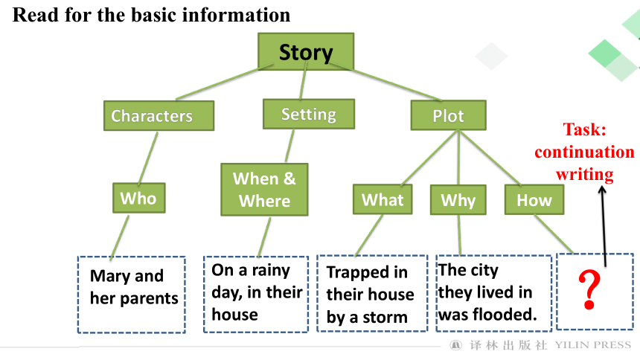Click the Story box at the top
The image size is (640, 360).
pyautogui.click(x=306, y=51)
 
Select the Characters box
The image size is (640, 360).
pyautogui.click(x=159, y=115)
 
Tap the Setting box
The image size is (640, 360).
pyautogui.click(x=309, y=114)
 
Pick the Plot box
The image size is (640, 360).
pyautogui.click(x=448, y=115)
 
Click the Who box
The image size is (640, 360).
pyautogui.click(x=138, y=198)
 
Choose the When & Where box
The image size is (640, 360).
pyautogui.click(x=264, y=190)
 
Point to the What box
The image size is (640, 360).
pyautogui.click(x=383, y=199)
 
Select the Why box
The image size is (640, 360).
pyautogui.click(x=458, y=199)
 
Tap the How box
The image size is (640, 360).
pyautogui.click(x=534, y=199)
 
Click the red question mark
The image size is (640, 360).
pyautogui.click(x=589, y=290)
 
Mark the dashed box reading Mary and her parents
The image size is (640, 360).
pyautogui.click(x=132, y=295)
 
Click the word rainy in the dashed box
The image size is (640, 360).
pyautogui.click(x=271, y=271)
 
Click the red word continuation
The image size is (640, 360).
pyautogui.click(x=584, y=152)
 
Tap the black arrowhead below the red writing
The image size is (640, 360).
pyautogui.click(x=602, y=190)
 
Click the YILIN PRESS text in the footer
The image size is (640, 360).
pyautogui.click(x=592, y=345)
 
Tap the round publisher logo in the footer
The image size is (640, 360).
pyautogui.click(x=456, y=345)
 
